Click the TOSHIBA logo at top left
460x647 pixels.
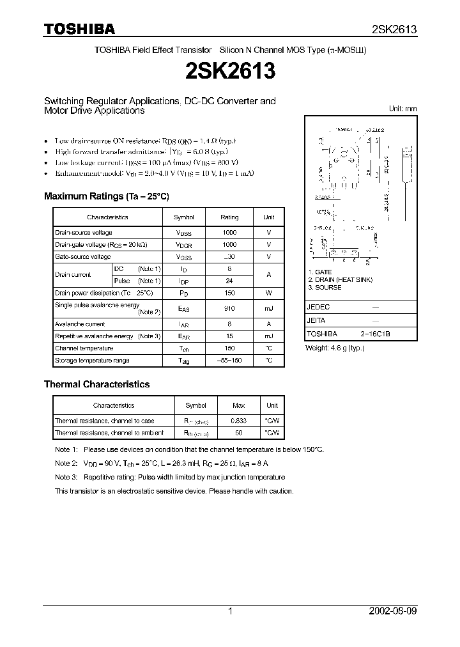[79, 29]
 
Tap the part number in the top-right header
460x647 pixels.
[394, 29]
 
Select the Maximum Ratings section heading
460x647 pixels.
[106, 196]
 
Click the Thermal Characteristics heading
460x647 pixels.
[96, 384]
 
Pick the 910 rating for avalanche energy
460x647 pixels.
[229, 308]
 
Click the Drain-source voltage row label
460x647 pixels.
[84, 233]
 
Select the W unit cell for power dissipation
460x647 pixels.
[268, 293]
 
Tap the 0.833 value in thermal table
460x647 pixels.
[238, 421]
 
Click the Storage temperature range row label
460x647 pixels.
[92, 361]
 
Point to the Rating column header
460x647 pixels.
[229, 217]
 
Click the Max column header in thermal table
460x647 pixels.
[238, 405]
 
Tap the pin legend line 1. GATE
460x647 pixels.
[319, 272]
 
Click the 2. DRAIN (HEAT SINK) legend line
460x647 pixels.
[340, 280]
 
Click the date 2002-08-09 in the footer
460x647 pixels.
[392, 611]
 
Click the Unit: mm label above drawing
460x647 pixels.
[402, 109]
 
